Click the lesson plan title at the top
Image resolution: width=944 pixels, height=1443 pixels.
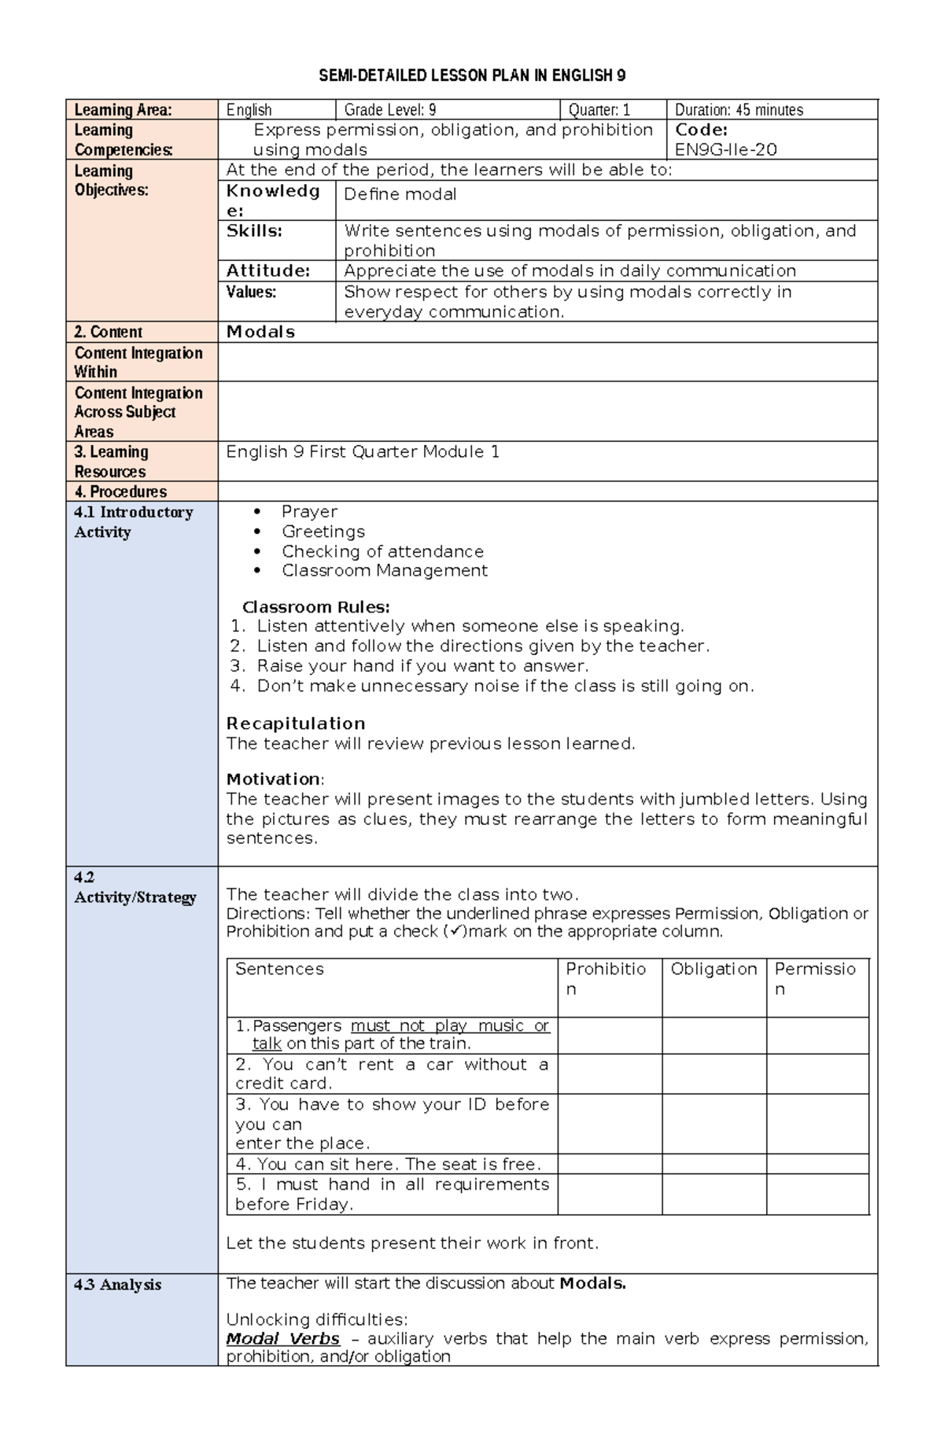472,75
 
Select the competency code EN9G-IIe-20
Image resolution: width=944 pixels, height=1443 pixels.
725,149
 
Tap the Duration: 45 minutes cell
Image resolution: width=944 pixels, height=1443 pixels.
739,110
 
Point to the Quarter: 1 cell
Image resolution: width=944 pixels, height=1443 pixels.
599,110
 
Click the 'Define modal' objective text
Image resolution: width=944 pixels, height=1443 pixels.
400,194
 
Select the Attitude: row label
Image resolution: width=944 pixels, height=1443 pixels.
268,271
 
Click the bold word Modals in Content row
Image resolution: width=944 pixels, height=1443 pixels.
260,332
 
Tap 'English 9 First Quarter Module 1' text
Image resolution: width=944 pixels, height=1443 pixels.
363,451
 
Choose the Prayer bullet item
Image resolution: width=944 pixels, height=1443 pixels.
309,511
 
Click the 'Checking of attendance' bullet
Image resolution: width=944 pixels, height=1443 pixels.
382,551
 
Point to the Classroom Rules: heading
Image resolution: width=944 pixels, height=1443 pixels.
315,607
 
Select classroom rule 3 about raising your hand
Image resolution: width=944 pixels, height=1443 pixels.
422,666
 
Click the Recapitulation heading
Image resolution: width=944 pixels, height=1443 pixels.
296,723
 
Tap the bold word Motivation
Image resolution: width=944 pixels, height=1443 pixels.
273,779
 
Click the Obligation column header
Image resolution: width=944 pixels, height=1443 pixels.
714,969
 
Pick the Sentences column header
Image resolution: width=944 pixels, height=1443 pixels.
279,969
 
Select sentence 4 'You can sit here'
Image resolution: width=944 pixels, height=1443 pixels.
388,1164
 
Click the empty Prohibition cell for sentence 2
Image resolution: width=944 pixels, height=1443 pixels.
610,1073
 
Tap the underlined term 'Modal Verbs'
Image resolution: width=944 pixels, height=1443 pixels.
282,1338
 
